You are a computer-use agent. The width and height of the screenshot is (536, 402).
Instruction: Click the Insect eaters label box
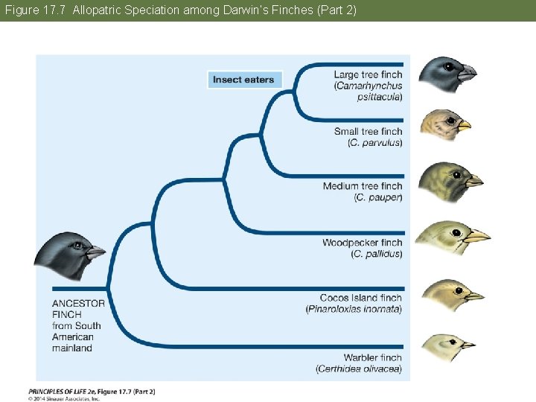coord(243,80)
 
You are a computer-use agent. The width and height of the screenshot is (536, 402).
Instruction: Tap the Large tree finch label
coord(368,75)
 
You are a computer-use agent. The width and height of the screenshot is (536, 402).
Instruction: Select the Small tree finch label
coord(368,132)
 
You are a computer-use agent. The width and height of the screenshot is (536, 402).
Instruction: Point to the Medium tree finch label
coord(363,186)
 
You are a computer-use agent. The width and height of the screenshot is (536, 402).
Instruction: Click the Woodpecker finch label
coord(362,243)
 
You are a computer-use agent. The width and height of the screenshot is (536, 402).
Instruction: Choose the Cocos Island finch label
coord(360,298)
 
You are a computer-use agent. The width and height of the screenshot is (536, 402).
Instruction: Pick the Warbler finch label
coord(372,358)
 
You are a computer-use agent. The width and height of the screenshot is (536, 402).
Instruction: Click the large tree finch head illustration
coord(445,73)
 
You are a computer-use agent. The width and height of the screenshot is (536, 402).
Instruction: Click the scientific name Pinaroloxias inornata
coord(354,309)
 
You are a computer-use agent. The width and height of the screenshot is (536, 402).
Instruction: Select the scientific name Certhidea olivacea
coord(359,368)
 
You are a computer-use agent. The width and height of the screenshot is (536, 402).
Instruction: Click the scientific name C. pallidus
coord(376,254)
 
